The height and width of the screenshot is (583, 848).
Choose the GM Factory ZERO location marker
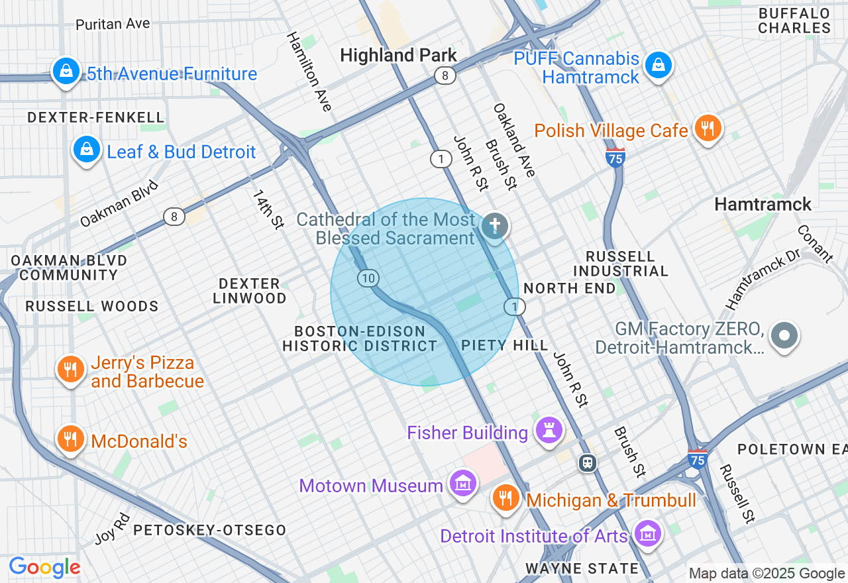coord(785,336)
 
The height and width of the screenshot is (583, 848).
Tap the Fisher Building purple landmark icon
coord(549,430)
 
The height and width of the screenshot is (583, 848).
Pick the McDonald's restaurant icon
coord(70,439)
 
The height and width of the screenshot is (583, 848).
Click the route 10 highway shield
coord(368,278)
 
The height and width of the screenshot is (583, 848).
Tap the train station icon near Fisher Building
coord(587,462)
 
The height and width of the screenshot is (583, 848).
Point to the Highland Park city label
coord(398,56)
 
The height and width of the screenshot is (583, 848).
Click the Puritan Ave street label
coord(113,24)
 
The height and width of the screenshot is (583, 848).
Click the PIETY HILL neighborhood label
coord(505,345)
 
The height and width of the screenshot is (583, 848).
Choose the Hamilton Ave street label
coord(309,71)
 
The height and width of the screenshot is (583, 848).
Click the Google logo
coord(44,567)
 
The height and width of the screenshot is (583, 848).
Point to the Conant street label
coord(816,244)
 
